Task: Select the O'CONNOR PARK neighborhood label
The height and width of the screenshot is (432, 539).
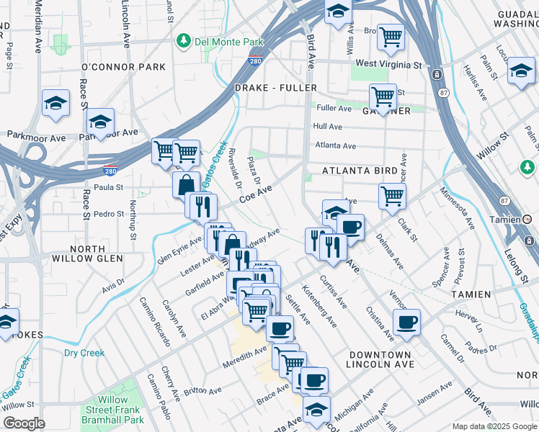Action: (x=123, y=67)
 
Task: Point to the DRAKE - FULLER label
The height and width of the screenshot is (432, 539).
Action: (x=276, y=88)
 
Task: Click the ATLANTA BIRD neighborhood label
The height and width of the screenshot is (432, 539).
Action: (x=360, y=171)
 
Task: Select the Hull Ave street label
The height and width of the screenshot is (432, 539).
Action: (x=327, y=127)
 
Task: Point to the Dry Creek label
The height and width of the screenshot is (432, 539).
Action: (x=84, y=354)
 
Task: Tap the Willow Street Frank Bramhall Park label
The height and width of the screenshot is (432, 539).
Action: (x=112, y=410)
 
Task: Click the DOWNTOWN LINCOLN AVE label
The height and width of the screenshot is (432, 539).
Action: (x=380, y=360)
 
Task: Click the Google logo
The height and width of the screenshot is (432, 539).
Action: (x=24, y=423)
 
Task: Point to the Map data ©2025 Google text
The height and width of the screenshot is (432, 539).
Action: (x=494, y=426)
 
